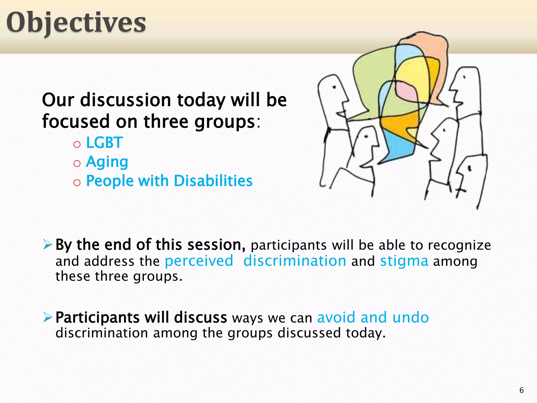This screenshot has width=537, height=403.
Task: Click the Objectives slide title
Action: (76, 23)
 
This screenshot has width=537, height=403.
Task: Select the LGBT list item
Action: (104, 143)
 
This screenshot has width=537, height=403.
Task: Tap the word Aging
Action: (107, 162)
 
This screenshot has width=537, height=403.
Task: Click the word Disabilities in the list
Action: (213, 181)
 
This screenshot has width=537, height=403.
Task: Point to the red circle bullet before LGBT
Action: (77, 144)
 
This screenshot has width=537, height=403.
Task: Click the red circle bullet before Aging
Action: (77, 164)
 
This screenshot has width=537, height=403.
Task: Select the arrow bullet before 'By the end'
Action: (48, 245)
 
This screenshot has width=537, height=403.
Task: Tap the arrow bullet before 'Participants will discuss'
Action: (48, 318)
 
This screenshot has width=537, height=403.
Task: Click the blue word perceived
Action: (199, 261)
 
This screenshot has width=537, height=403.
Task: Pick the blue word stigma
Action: (404, 261)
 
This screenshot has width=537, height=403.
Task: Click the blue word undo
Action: (410, 317)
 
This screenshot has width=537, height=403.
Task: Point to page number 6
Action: (522, 390)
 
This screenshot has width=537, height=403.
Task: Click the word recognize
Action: (459, 245)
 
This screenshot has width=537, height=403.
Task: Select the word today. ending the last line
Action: (366, 333)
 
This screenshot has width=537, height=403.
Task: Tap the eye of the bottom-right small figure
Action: (470, 168)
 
